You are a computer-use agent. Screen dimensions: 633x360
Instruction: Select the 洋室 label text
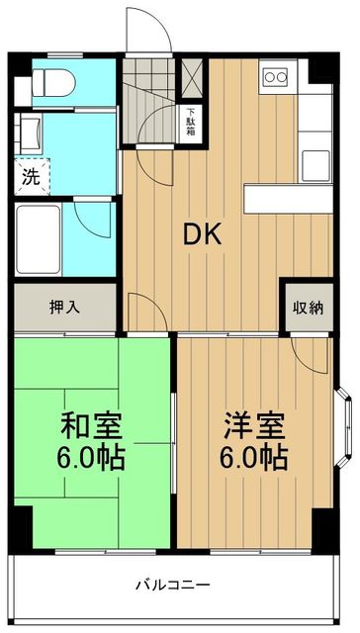[x=253, y=426]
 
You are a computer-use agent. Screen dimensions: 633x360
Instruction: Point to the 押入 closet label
[x=65, y=307]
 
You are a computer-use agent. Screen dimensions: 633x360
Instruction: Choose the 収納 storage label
[x=307, y=308]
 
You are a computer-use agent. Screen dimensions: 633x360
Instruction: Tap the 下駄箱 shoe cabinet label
[x=192, y=123]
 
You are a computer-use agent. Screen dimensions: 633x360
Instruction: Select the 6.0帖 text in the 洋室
[x=253, y=459]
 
